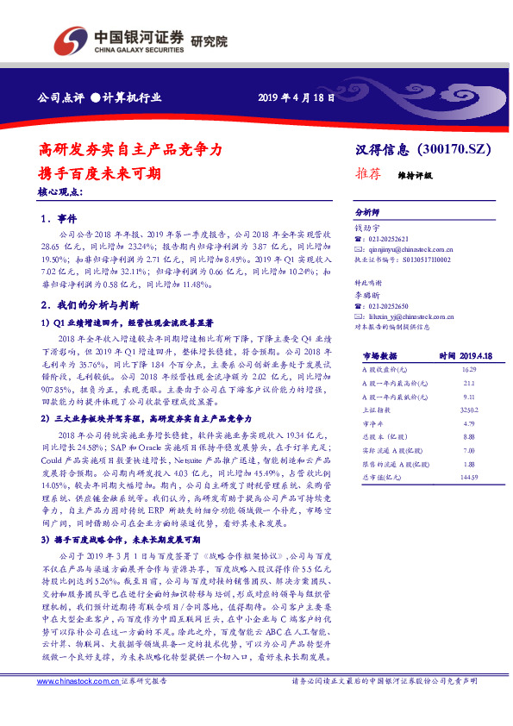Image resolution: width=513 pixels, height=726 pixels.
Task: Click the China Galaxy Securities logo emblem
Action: (x=71, y=39)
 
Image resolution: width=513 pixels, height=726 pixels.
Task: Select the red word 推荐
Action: (x=368, y=173)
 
